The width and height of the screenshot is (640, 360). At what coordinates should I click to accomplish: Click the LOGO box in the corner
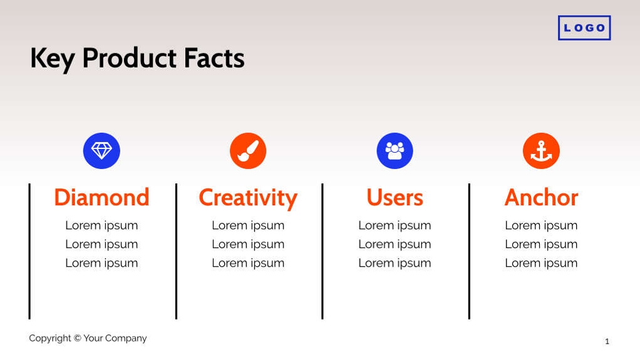584,28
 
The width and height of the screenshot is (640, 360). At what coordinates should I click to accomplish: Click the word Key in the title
52,59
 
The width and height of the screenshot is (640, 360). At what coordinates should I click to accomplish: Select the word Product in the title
130,58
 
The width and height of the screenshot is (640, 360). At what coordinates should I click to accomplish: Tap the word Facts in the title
214,58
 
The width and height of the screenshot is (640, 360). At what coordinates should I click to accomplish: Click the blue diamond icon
101,151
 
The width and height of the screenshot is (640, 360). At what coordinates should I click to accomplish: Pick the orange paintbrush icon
248,151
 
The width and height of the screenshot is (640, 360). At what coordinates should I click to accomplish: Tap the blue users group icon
395,151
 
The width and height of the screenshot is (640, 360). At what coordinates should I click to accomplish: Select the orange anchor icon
541,151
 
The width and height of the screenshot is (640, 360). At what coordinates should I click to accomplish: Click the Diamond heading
101,198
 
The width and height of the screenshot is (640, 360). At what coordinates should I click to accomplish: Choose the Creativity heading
248,198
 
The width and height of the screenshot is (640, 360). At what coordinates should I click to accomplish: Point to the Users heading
395,198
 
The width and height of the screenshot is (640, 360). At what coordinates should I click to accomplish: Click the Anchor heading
541,198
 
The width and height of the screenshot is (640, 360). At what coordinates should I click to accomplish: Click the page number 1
607,341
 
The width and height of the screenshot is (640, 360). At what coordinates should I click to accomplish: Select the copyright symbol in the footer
78,338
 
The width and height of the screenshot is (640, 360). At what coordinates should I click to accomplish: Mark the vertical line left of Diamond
29,250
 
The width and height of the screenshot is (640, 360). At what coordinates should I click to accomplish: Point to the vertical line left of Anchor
469,250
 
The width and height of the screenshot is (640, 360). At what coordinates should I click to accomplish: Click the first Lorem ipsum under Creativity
248,225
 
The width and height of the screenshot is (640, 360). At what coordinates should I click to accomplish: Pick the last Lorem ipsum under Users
395,263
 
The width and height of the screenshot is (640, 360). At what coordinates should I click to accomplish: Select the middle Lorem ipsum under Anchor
541,244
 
